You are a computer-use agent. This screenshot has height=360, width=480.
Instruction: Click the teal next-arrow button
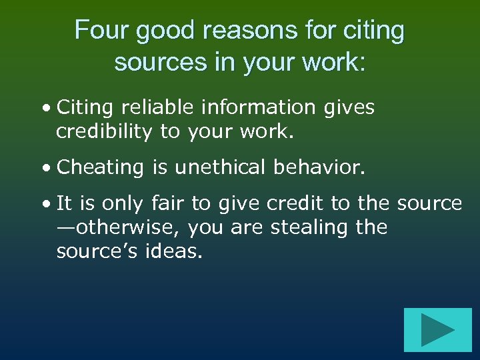[437, 330]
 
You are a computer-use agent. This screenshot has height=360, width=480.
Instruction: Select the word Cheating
[100, 167]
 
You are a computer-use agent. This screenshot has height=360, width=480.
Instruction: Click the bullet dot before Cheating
[44, 167]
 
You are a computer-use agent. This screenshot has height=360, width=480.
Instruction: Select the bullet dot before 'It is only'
[44, 203]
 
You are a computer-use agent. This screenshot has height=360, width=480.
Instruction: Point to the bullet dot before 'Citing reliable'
[44, 107]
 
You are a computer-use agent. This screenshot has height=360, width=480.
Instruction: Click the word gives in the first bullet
[349, 107]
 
